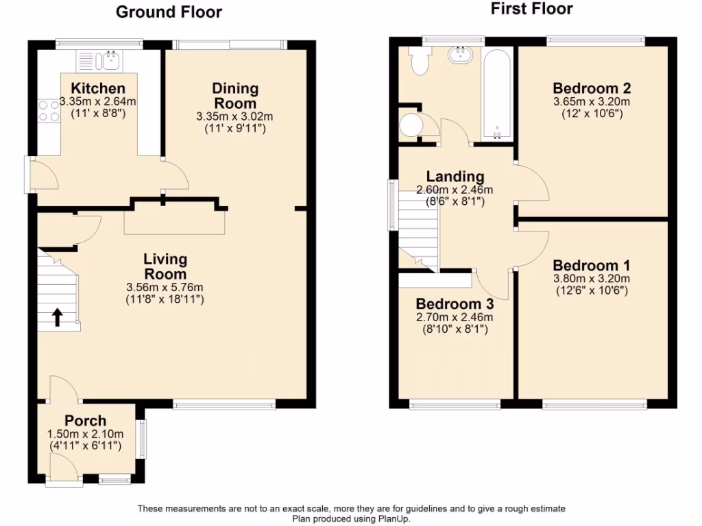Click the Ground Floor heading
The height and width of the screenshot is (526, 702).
point(169,12)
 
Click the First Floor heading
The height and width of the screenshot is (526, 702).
point(531,9)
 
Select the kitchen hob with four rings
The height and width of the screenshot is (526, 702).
point(49,111)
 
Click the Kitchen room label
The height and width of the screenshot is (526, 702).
point(98,88)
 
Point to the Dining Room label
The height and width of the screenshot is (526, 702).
point(235,95)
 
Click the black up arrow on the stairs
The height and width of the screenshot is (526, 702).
point(58,316)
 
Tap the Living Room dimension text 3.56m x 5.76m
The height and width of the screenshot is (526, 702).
point(165,287)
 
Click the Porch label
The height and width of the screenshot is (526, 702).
point(85,421)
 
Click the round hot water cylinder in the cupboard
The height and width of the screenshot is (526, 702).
point(412,126)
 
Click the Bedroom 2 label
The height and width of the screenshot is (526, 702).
point(592,88)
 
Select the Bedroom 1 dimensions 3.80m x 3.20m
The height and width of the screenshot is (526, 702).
point(592,278)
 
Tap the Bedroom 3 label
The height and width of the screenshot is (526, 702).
point(455,304)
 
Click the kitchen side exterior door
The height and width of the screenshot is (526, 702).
point(29,174)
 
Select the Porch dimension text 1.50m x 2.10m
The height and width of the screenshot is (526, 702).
point(85,434)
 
